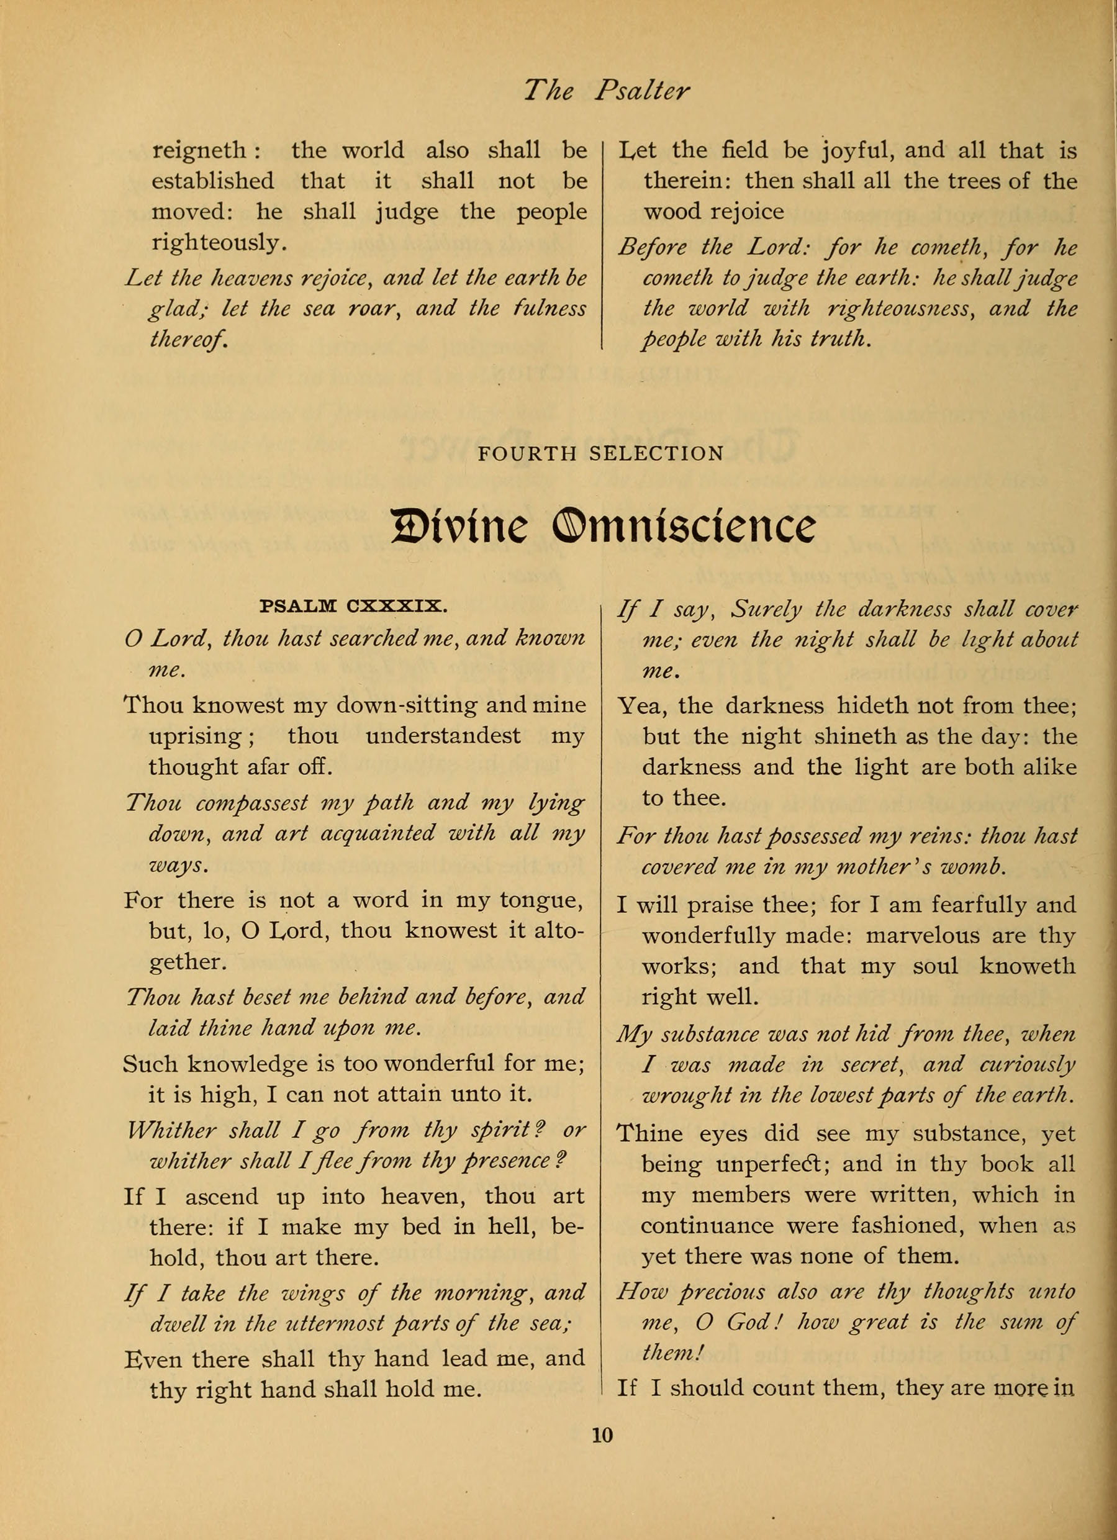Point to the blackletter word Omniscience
684,528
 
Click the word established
212,181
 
